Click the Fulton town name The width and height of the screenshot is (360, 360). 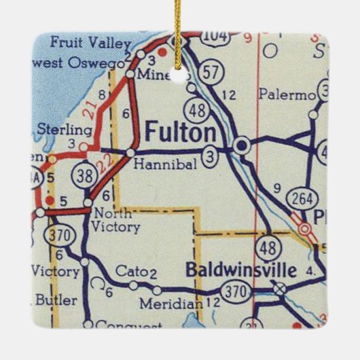[181, 132]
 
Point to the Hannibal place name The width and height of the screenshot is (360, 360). [156, 164]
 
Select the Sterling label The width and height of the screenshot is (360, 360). [65, 130]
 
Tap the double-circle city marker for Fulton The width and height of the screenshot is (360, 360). [241, 145]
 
